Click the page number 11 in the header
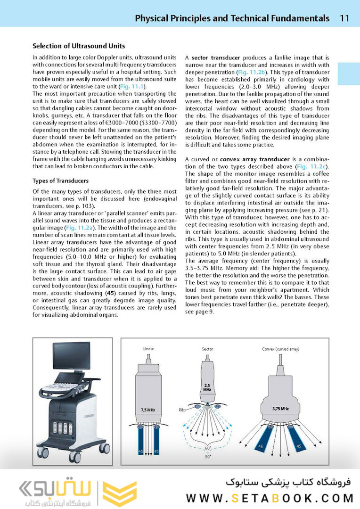tap(344, 18)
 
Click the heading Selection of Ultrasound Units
tap(79, 46)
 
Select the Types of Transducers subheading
tap(60, 181)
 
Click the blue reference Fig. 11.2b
tap(251, 72)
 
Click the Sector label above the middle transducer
tap(207, 349)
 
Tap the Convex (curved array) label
tap(281, 349)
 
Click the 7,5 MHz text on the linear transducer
tap(148, 410)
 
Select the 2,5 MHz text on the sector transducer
tap(207, 387)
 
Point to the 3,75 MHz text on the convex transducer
tap(281, 408)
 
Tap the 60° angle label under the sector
tap(207, 448)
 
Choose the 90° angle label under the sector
tap(207, 456)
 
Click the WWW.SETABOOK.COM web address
tap(270, 498)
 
